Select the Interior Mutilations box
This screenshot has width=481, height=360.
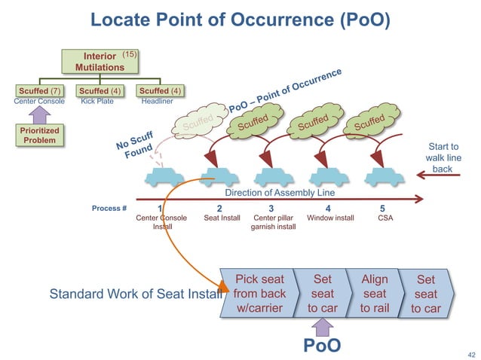100,61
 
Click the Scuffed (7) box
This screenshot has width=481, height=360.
39,92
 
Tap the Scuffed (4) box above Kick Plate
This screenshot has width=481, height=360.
100,92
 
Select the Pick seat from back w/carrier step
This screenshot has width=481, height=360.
260,294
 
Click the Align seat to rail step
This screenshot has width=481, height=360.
374,294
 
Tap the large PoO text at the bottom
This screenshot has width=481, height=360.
322,345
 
